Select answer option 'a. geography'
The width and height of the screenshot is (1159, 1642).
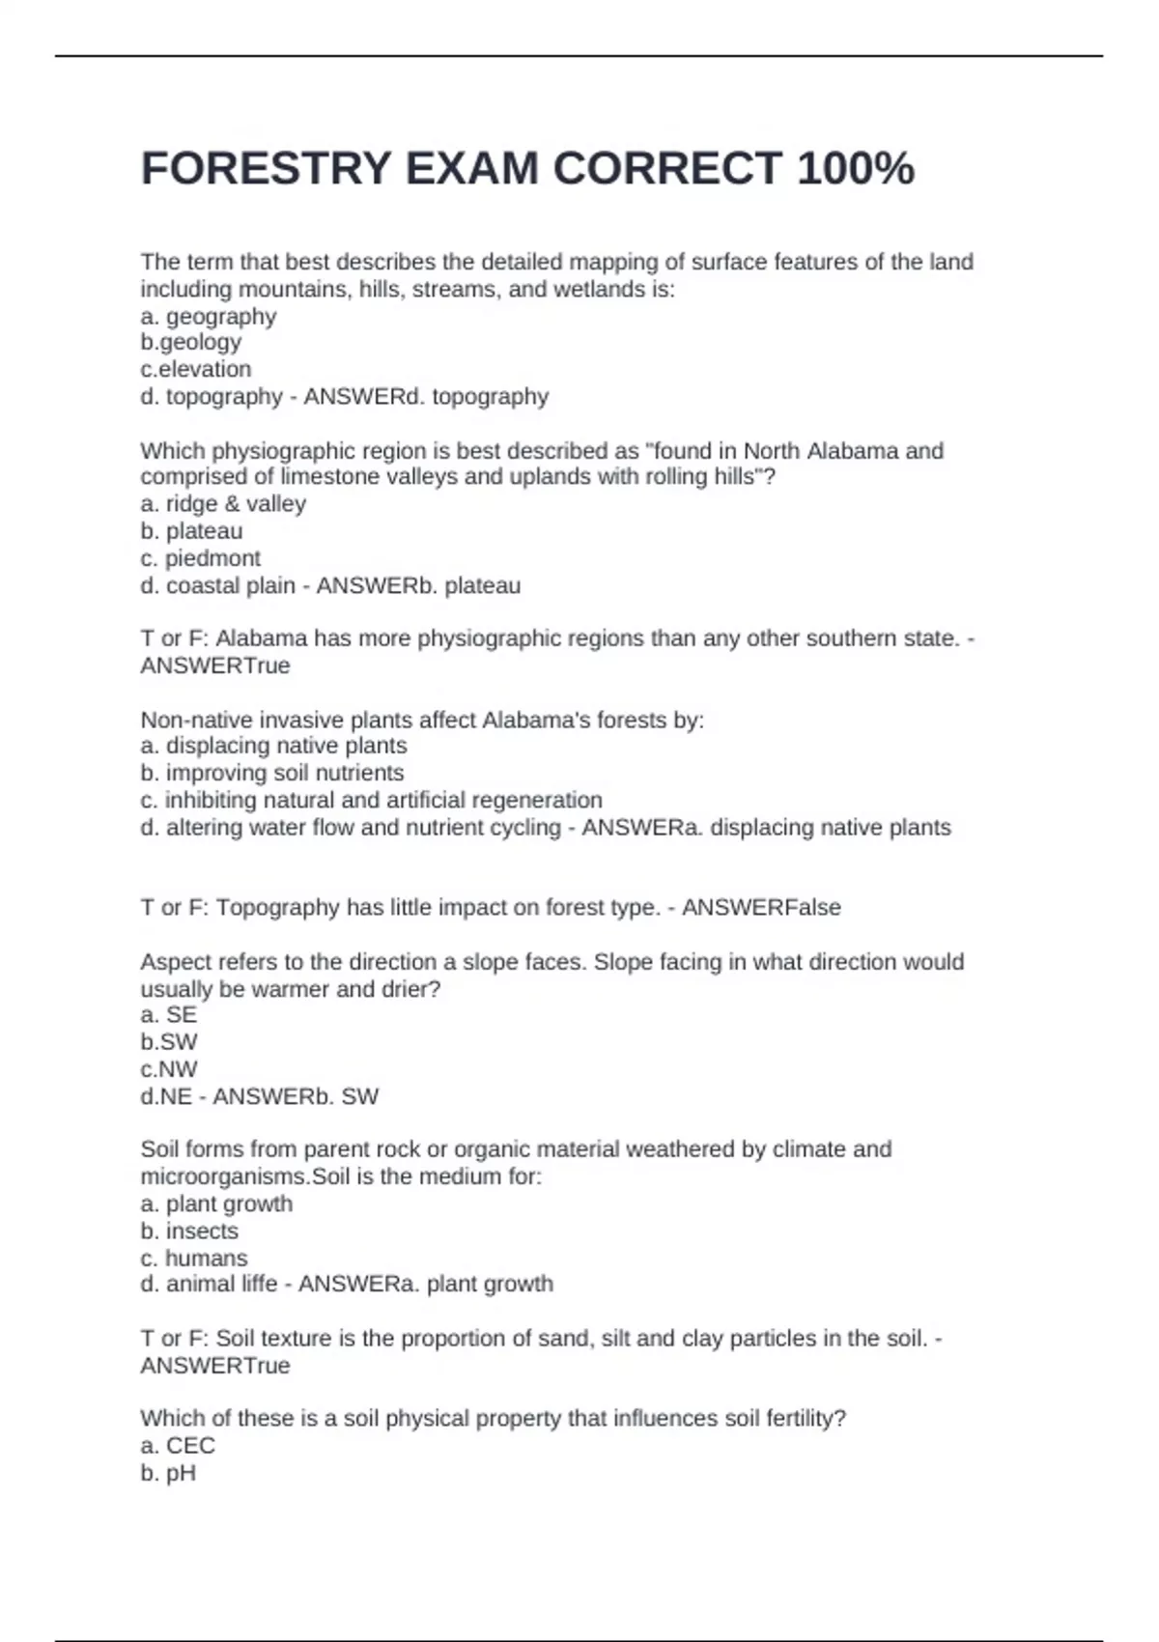pyautogui.click(x=209, y=317)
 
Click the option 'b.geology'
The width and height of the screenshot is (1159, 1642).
pyautogui.click(x=191, y=342)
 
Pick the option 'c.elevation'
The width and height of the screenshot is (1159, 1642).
pyautogui.click(x=196, y=369)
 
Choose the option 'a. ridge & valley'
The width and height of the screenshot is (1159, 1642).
pyautogui.click(x=223, y=504)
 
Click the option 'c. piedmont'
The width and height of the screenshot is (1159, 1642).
pyautogui.click(x=201, y=558)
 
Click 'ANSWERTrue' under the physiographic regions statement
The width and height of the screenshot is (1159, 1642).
pyautogui.click(x=215, y=665)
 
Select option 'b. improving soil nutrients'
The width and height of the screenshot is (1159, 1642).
pyautogui.click(x=272, y=773)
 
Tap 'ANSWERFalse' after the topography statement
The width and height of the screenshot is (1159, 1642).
pyautogui.click(x=761, y=908)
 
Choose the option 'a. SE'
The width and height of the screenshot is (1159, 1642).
pyautogui.click(x=169, y=1015)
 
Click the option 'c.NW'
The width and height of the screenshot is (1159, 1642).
pyautogui.click(x=169, y=1069)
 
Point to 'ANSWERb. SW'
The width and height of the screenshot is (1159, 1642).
pyautogui.click(x=296, y=1096)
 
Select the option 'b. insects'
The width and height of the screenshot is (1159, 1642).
pyautogui.click(x=189, y=1231)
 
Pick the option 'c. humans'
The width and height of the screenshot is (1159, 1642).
pyautogui.click(x=194, y=1259)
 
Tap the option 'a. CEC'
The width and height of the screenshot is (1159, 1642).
pyautogui.click(x=178, y=1446)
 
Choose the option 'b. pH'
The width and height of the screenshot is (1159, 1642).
pyautogui.click(x=168, y=1473)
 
